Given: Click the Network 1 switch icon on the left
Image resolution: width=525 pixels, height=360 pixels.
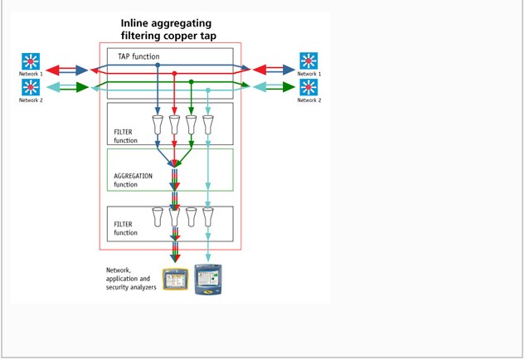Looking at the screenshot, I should (31, 61).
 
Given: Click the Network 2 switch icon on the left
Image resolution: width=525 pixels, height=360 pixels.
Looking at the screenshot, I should (31, 87).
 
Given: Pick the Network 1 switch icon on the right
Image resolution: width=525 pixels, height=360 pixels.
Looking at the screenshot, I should (309, 61).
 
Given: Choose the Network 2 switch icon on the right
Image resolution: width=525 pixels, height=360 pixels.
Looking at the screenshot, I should (309, 87).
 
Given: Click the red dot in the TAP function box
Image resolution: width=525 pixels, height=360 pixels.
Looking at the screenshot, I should (174, 73).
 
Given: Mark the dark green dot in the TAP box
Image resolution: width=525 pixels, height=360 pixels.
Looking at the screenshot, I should (192, 81).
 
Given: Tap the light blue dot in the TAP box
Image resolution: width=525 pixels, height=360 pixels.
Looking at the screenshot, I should (208, 90).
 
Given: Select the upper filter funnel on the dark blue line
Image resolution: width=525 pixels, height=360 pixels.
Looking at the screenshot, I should (158, 124).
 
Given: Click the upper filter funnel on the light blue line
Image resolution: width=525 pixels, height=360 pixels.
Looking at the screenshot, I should (208, 124).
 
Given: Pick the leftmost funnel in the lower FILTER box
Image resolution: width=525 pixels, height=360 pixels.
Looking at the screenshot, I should (158, 217).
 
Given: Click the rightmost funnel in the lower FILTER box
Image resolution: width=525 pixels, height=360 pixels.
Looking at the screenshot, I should (208, 217).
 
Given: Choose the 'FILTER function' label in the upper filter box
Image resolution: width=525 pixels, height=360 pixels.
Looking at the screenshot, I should (126, 136).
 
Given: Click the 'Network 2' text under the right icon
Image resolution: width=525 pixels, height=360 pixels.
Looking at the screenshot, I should (309, 100).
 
